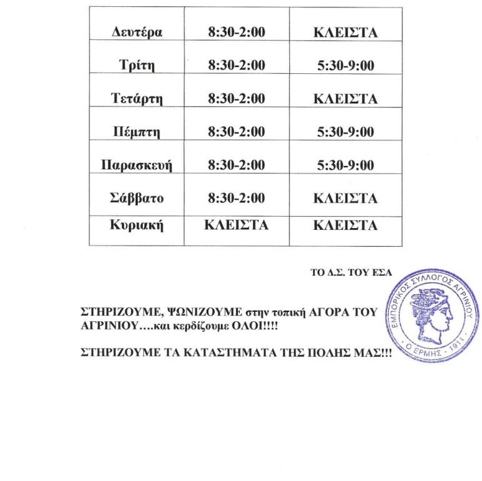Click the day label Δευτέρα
136,33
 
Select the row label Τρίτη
136,66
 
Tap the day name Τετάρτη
136,99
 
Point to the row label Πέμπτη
136,132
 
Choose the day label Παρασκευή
136,165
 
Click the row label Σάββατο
136,199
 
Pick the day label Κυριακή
136,225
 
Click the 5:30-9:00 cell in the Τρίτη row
346,66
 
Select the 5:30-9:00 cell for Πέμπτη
346,132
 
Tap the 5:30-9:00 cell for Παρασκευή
346,165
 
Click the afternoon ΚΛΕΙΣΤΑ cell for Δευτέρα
346,33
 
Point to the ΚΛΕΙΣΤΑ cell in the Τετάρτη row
346,99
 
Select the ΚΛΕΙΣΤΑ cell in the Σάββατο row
346,199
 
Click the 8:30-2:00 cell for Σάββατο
237,199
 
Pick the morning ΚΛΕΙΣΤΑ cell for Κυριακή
237,225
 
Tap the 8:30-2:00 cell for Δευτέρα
237,33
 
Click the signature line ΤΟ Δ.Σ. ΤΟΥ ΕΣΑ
351,272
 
